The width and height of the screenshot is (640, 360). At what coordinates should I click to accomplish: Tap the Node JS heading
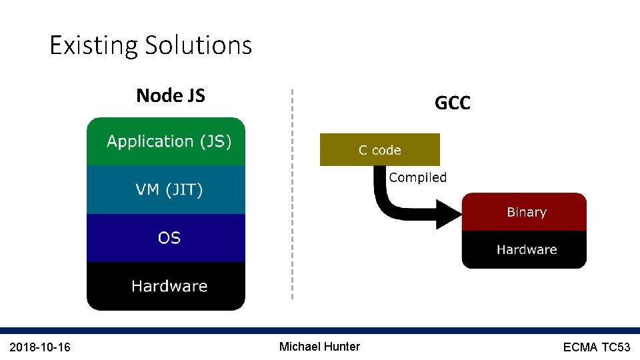[170, 96]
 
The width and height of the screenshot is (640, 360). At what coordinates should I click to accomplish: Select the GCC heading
[452, 103]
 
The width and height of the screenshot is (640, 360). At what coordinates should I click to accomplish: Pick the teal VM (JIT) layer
[166, 190]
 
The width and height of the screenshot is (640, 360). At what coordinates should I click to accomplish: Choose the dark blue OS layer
[166, 238]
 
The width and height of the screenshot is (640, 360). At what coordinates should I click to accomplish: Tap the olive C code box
[379, 150]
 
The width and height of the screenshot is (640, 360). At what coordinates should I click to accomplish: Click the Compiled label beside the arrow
[417, 177]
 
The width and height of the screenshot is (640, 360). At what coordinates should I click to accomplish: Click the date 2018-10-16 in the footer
[40, 347]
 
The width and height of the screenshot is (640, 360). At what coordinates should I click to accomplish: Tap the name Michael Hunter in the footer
[319, 347]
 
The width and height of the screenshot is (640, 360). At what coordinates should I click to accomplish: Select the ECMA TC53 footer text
[596, 347]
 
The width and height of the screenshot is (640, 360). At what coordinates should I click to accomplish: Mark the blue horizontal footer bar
[320, 331]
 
